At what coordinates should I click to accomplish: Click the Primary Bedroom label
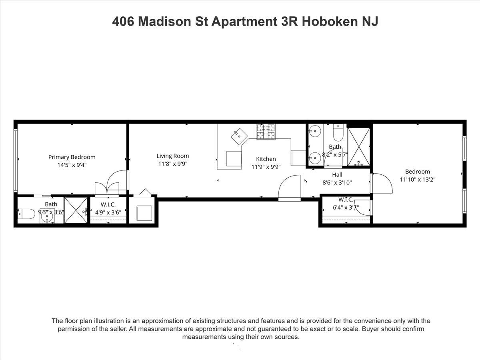click(72, 157)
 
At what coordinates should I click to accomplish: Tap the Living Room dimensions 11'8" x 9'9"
click(172, 164)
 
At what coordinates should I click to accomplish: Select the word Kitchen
click(266, 159)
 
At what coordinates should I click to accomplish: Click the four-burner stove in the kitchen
click(266, 132)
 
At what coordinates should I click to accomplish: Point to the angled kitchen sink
click(239, 136)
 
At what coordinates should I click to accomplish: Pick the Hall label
click(337, 175)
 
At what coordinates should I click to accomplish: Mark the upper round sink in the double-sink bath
click(315, 131)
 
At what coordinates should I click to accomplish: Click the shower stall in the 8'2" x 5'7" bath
click(359, 146)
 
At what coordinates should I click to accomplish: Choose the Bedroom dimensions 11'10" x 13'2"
click(418, 180)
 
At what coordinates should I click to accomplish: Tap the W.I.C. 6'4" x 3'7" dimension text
click(346, 208)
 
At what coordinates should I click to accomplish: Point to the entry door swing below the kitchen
click(289, 188)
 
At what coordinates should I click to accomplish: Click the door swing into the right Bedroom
click(382, 183)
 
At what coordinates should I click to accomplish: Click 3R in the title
click(288, 22)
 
